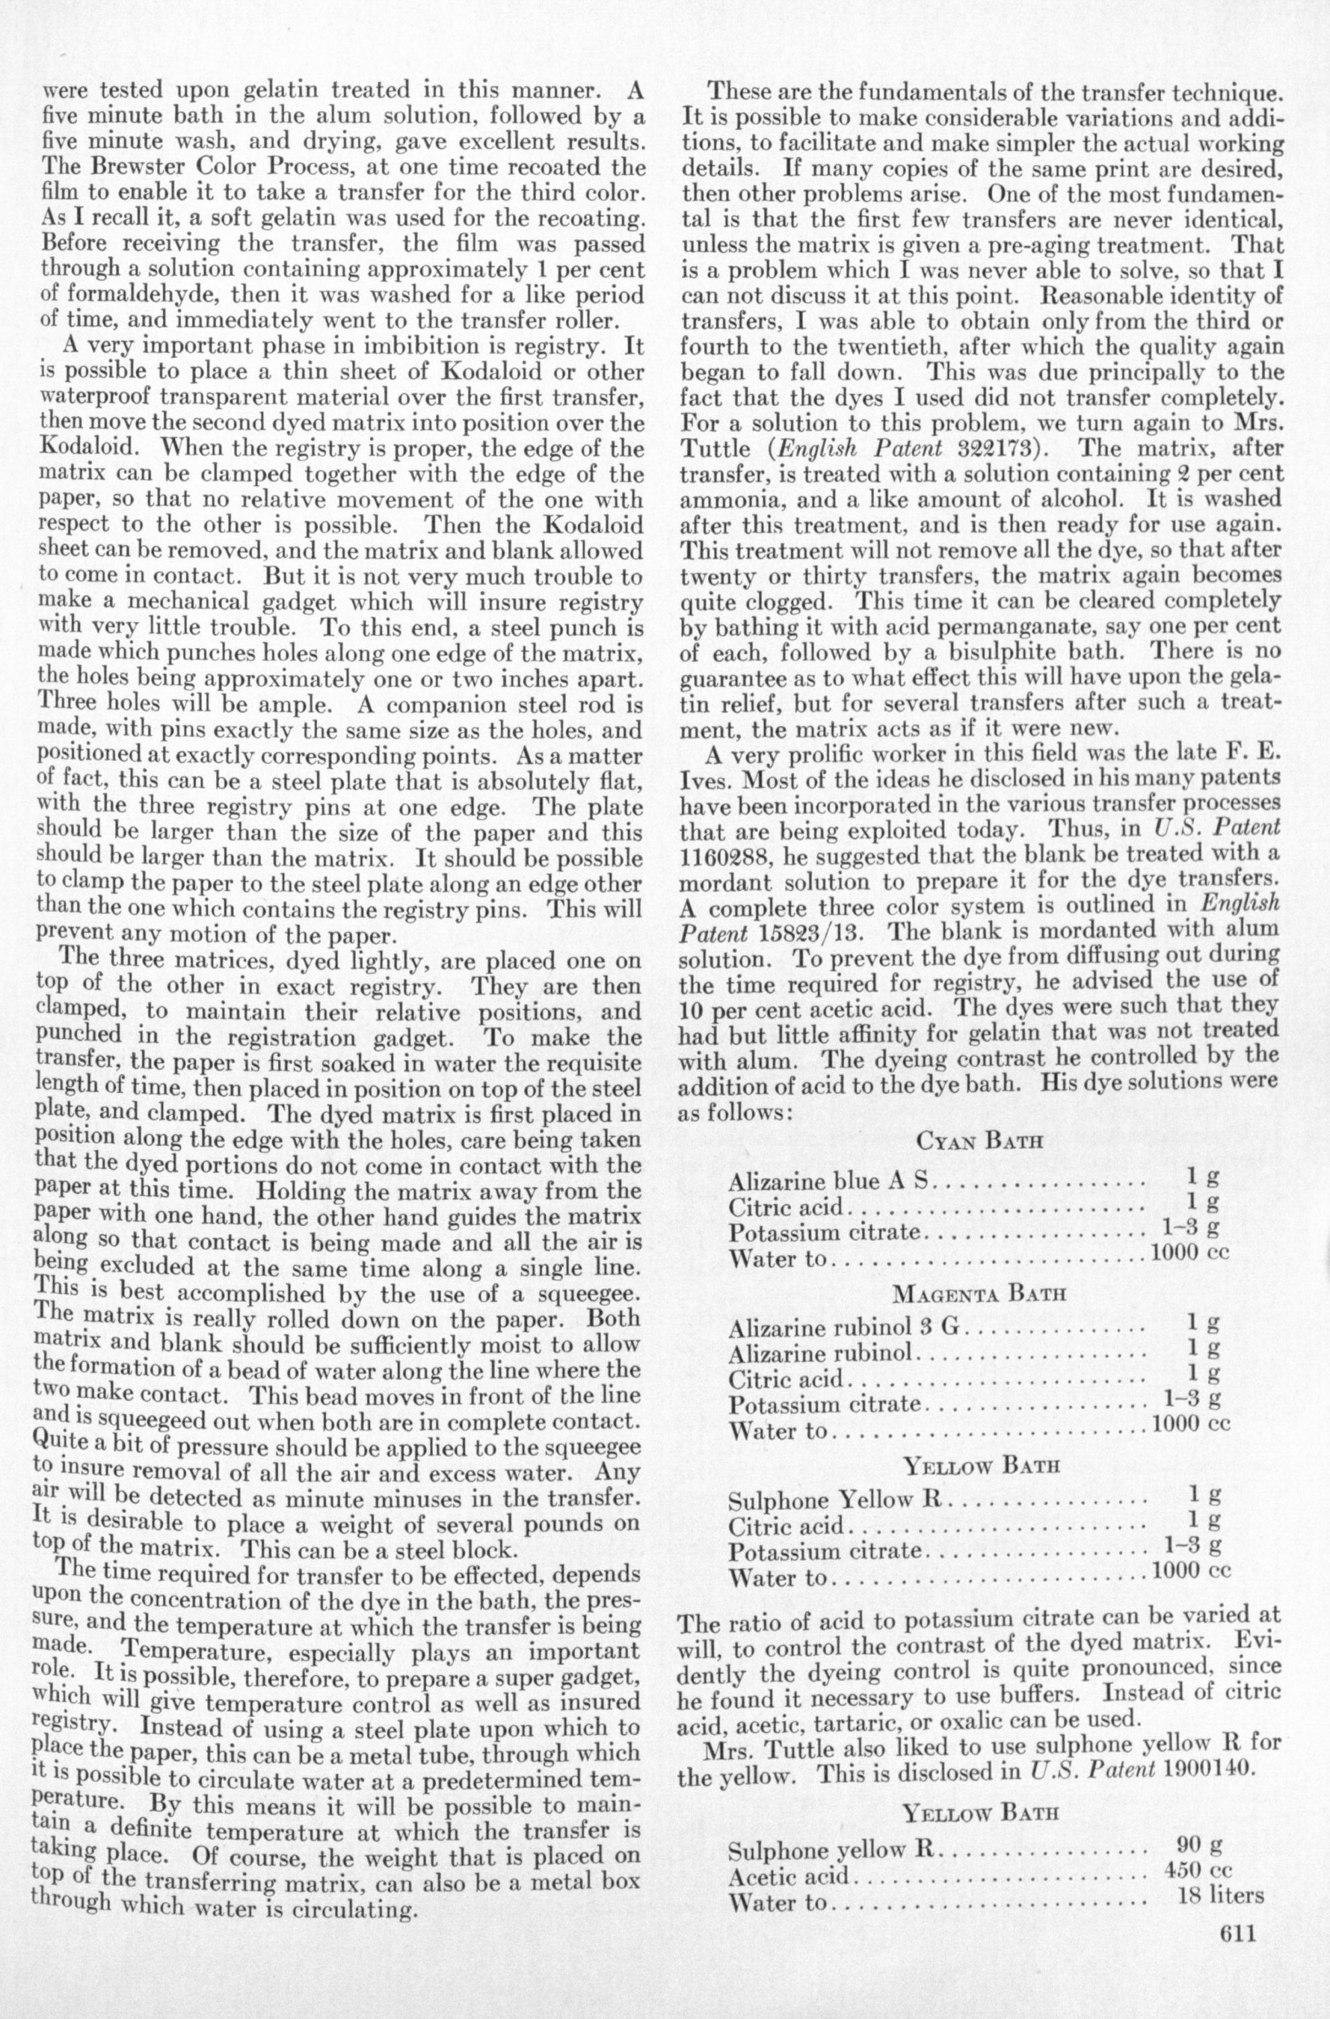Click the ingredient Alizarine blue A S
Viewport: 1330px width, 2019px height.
pyautogui.click(x=829, y=1182)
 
